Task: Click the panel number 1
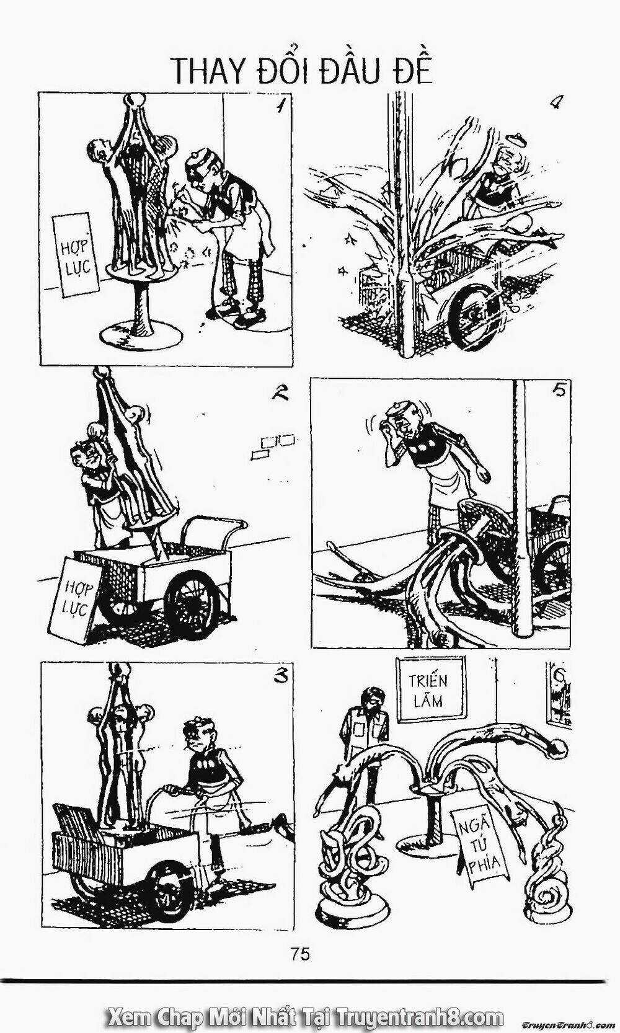278,107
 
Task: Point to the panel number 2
275,395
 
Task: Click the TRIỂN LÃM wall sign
431,688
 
